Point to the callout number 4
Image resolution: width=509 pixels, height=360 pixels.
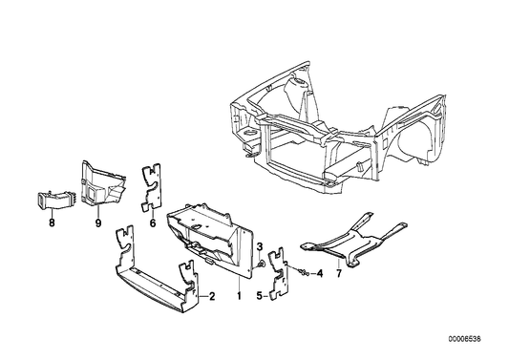point(321,273)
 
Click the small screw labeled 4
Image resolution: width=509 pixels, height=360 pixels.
point(301,273)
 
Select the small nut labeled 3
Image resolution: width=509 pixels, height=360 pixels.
point(262,263)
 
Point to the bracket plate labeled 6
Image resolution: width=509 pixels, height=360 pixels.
point(150,187)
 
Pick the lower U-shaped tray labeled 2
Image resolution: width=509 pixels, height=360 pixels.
point(158,283)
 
